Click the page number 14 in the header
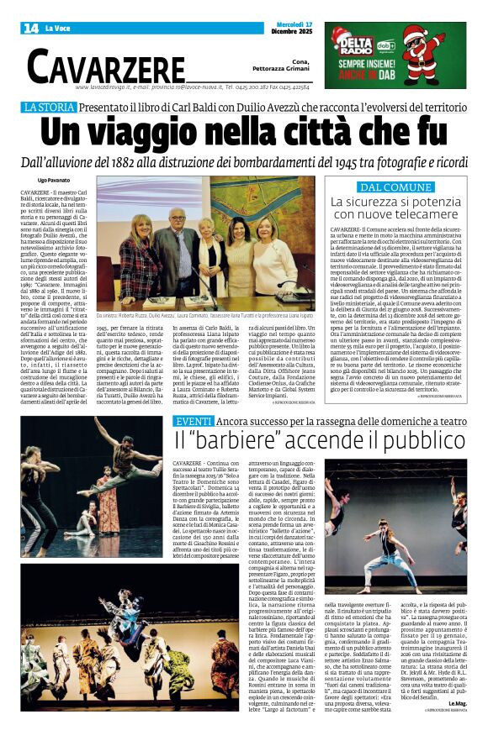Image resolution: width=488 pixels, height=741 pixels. coord(30,29)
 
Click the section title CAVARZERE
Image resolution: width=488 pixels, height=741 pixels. coord(105,65)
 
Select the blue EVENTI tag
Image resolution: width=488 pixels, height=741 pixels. coord(194,420)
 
